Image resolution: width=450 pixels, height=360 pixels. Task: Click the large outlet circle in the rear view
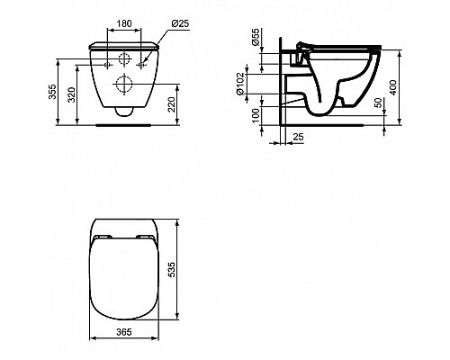point(123,88)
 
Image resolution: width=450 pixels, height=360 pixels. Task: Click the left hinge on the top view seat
point(103,238)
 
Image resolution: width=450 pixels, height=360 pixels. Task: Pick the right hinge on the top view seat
point(144,238)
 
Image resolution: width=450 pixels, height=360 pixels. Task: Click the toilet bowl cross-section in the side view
point(333,90)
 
